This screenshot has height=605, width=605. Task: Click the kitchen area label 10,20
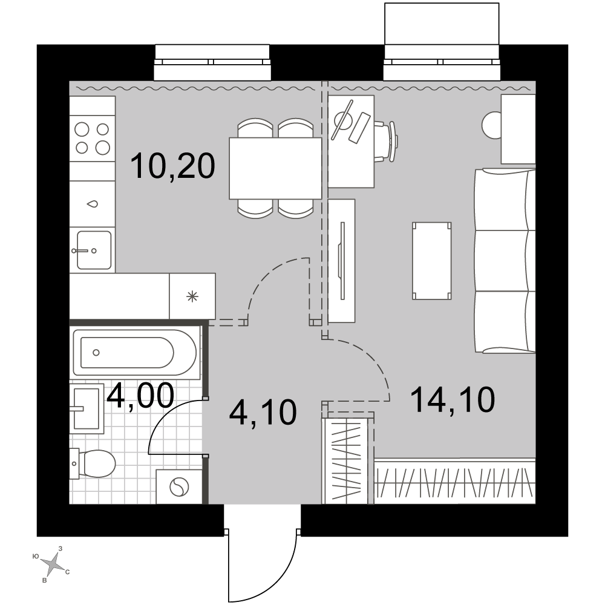172,166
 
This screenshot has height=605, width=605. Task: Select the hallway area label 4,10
263,413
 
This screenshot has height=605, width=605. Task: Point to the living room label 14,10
453,400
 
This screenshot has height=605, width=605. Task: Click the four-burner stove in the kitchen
92,138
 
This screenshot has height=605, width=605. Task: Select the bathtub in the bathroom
135,352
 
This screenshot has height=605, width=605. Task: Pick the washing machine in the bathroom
179,486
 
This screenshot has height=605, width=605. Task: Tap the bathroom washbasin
87,408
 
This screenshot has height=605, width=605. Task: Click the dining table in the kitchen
275,168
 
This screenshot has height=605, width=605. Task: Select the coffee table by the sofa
432,261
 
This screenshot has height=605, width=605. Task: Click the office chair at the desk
386,142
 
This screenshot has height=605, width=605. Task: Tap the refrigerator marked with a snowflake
192,296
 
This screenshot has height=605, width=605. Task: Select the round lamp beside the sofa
492,124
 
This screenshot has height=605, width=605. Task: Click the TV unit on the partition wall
341,261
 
